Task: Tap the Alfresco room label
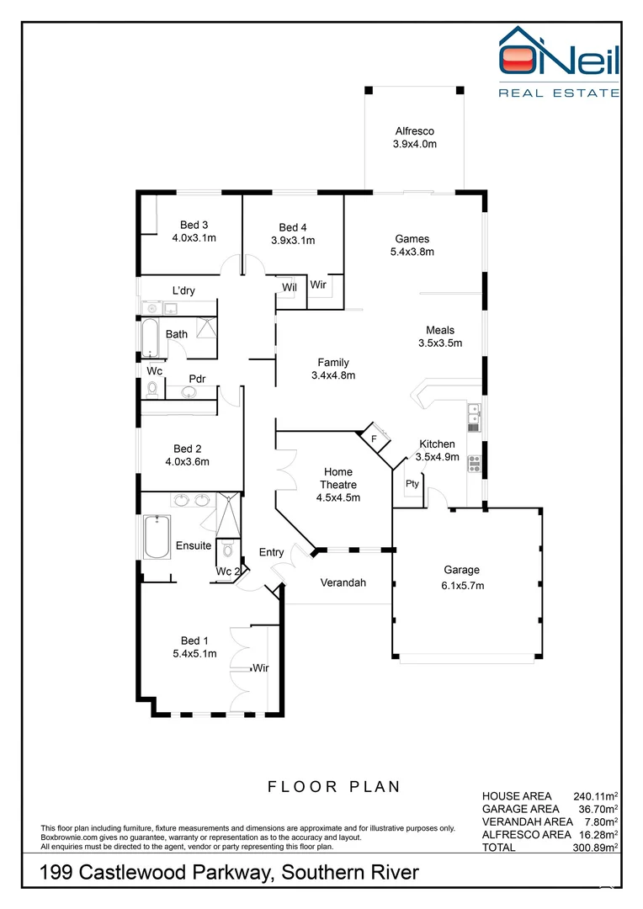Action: [x=414, y=131]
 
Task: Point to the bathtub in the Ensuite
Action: [x=157, y=536]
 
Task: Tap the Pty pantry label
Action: [x=412, y=484]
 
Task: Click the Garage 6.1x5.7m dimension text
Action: [x=462, y=585]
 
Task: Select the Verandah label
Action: [x=343, y=582]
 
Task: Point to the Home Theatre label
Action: [x=337, y=478]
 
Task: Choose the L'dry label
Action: [x=183, y=290]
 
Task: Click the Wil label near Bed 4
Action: [x=289, y=287]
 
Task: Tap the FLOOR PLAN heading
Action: [x=334, y=787]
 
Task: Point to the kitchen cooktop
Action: [x=473, y=461]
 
